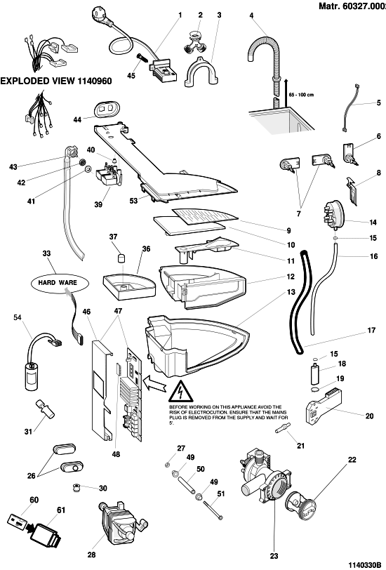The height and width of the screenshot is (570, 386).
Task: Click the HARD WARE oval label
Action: [58, 282]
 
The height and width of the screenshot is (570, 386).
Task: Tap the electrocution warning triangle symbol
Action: [180, 392]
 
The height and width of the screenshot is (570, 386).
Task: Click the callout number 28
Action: [92, 555]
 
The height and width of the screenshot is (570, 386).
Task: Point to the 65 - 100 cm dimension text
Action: [301, 95]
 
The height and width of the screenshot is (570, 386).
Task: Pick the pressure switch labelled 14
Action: [332, 215]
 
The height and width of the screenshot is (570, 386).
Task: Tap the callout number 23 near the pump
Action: [274, 556]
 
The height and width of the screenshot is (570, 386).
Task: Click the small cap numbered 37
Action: [120, 258]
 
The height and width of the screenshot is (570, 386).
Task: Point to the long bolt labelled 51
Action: [213, 510]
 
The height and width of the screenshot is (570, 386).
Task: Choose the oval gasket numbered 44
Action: [106, 110]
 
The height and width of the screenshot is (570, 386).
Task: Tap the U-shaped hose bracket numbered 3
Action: [201, 72]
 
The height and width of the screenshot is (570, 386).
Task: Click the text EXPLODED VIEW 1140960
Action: [56, 81]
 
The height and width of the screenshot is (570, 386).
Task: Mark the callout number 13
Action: [291, 291]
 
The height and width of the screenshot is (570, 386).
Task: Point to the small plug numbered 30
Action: [76, 487]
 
